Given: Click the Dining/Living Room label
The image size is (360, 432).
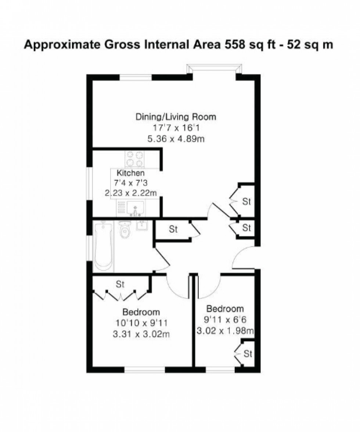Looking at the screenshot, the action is point(176,117).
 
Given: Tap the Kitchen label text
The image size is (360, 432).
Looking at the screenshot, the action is point(130,173).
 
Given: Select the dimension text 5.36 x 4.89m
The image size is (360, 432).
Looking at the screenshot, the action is point(176,138).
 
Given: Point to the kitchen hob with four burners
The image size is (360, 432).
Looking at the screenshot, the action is point(135,159).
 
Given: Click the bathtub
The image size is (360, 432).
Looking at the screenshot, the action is point(104,246).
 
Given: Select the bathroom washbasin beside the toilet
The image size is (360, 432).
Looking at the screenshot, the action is point(142,225).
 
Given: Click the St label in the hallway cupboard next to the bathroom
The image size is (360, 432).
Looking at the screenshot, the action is point(173,229).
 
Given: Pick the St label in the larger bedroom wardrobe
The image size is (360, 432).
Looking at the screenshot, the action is point(120,284).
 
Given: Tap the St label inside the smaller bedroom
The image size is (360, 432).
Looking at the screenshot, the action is point(248,353).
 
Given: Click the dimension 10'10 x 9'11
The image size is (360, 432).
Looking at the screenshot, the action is point(141,323).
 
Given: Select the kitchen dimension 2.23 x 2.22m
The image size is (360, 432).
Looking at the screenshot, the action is point(130,193).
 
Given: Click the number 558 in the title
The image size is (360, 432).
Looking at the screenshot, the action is point(235,44).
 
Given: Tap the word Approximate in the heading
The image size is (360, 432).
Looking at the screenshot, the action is point(62,45).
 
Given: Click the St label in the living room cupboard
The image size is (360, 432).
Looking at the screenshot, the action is point(246,202).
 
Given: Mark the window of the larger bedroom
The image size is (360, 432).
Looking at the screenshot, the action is point(145,370).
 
